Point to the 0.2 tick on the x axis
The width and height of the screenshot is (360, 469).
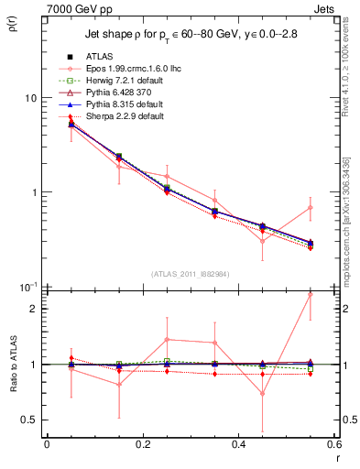[143, 444]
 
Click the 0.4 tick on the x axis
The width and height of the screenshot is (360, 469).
[239, 444]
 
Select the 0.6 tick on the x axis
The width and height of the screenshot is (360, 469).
[334, 444]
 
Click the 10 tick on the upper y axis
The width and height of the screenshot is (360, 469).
[31, 98]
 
